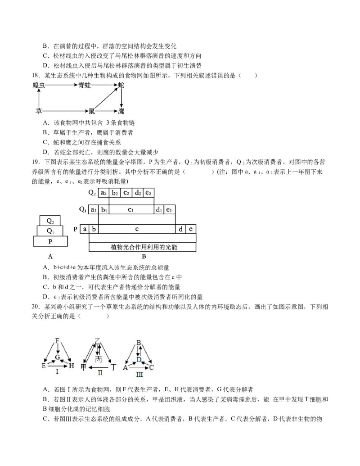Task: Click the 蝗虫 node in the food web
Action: pyautogui.click(x=39, y=85)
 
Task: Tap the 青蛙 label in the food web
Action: pyautogui.click(x=84, y=85)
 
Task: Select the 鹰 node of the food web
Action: pyautogui.click(x=121, y=110)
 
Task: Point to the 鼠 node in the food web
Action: pyautogui.click(x=92, y=110)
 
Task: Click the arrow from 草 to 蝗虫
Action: pyautogui.click(x=39, y=97)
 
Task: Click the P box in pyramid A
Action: pyautogui.click(x=50, y=241)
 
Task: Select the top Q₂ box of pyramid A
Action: pyautogui.click(x=50, y=221)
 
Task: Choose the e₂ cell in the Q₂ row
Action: pyautogui.click(x=148, y=193)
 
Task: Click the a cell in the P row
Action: pyautogui.click(x=85, y=229)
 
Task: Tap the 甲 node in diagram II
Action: pyautogui.click(x=83, y=367)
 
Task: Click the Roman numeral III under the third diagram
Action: pyautogui.click(x=139, y=374)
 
